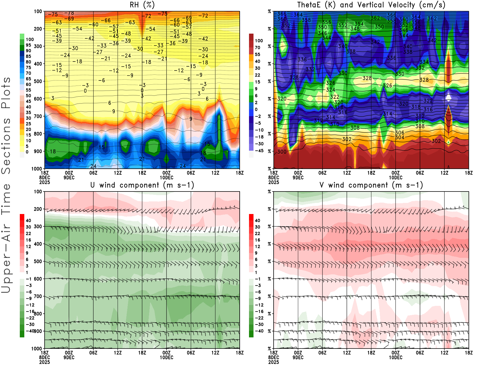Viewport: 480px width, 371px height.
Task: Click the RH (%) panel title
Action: (x=142, y=5)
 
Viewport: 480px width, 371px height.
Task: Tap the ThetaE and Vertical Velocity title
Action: (x=371, y=5)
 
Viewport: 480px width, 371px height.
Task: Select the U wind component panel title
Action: (x=142, y=185)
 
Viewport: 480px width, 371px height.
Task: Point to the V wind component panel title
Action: (x=371, y=185)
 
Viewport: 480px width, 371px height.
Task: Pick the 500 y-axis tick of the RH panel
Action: (x=38, y=81)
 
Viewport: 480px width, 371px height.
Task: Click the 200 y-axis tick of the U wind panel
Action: (x=38, y=209)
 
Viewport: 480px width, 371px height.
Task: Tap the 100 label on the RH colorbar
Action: (x=30, y=39)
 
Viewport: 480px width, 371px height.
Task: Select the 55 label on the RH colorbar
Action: (x=28, y=90)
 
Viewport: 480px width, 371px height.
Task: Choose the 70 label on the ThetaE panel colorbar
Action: (x=257, y=47)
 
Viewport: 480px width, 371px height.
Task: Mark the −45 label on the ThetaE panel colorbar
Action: (x=259, y=151)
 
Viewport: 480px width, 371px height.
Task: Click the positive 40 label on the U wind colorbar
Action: (x=28, y=220)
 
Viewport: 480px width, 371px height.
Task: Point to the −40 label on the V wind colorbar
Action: (x=259, y=331)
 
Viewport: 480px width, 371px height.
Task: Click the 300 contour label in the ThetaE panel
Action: (x=282, y=152)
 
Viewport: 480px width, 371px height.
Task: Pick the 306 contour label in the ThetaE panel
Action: (x=400, y=133)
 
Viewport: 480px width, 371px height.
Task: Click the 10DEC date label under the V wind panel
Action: (x=395, y=357)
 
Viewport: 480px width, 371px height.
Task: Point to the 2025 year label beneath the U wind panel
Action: (x=45, y=362)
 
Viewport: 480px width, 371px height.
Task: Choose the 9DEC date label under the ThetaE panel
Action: (x=298, y=177)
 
